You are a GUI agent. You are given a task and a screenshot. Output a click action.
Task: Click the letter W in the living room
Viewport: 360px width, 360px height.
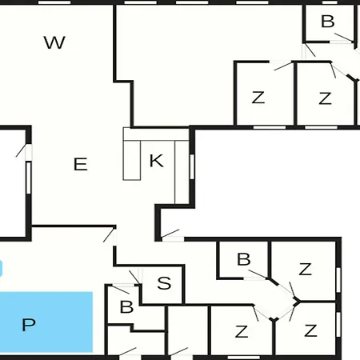tap(54, 42)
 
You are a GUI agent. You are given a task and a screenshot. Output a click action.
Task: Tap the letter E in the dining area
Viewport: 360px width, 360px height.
tap(80, 164)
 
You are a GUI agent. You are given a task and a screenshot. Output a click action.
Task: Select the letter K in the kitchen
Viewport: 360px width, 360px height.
tap(156, 161)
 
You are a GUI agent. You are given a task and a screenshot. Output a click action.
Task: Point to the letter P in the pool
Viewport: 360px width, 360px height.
tap(29, 325)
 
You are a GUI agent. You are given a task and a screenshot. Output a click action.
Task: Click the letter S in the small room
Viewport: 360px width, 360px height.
tap(164, 283)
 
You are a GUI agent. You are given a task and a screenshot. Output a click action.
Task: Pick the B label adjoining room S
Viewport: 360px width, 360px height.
tap(126, 307)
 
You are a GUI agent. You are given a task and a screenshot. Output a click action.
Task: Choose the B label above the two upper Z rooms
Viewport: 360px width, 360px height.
tap(328, 22)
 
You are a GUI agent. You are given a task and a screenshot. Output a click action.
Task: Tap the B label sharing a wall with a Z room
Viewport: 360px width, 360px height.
tap(244, 259)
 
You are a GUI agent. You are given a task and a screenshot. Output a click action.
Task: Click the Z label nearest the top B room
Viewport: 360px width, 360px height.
tap(325, 98)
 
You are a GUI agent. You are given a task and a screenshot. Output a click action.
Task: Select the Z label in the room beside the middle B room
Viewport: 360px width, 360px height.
tap(306, 269)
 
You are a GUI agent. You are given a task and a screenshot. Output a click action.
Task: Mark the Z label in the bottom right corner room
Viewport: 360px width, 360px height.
tap(310, 330)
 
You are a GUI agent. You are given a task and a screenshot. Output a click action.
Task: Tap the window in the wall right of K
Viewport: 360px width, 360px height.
tap(192, 166)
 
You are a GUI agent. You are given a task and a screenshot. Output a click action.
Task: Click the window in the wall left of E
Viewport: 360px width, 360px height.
tap(29, 178)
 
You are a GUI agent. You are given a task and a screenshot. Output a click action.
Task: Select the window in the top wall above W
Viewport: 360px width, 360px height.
tap(54, 2)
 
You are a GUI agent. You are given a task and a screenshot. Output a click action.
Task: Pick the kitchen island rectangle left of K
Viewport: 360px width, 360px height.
tap(132, 160)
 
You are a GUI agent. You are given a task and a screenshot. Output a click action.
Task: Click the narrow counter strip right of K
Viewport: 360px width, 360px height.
tap(182, 172)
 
